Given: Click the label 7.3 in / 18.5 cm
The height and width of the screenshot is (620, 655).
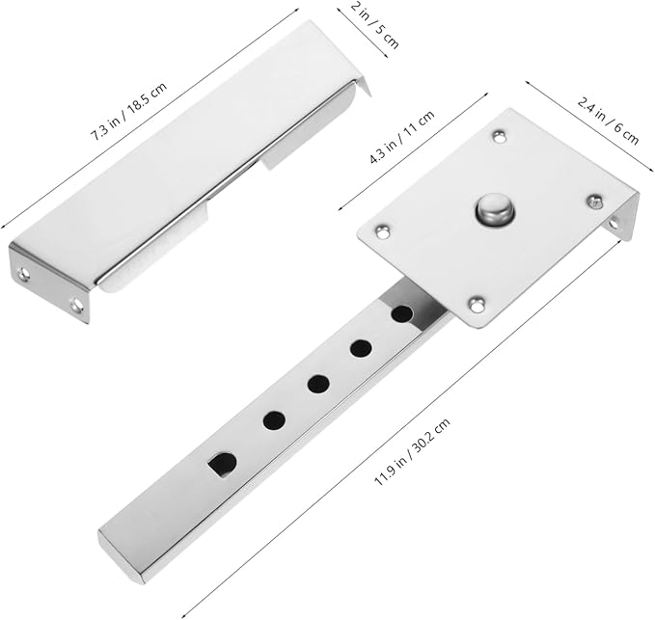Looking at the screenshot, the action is click(x=128, y=111).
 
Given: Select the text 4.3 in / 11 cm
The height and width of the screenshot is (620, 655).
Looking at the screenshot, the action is click(x=402, y=136).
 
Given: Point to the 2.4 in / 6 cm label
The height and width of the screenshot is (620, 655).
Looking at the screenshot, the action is click(x=608, y=121).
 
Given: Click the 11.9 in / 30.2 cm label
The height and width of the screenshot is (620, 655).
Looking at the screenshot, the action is click(x=412, y=451).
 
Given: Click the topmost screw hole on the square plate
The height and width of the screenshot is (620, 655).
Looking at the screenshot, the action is click(x=499, y=136).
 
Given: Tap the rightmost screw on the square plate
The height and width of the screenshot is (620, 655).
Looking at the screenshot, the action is click(x=594, y=202).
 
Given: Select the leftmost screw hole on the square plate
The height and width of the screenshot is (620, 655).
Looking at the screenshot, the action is click(x=382, y=230).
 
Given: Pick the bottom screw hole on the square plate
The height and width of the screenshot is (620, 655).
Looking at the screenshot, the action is click(x=476, y=304).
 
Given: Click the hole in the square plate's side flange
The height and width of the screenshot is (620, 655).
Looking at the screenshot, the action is click(x=613, y=225).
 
